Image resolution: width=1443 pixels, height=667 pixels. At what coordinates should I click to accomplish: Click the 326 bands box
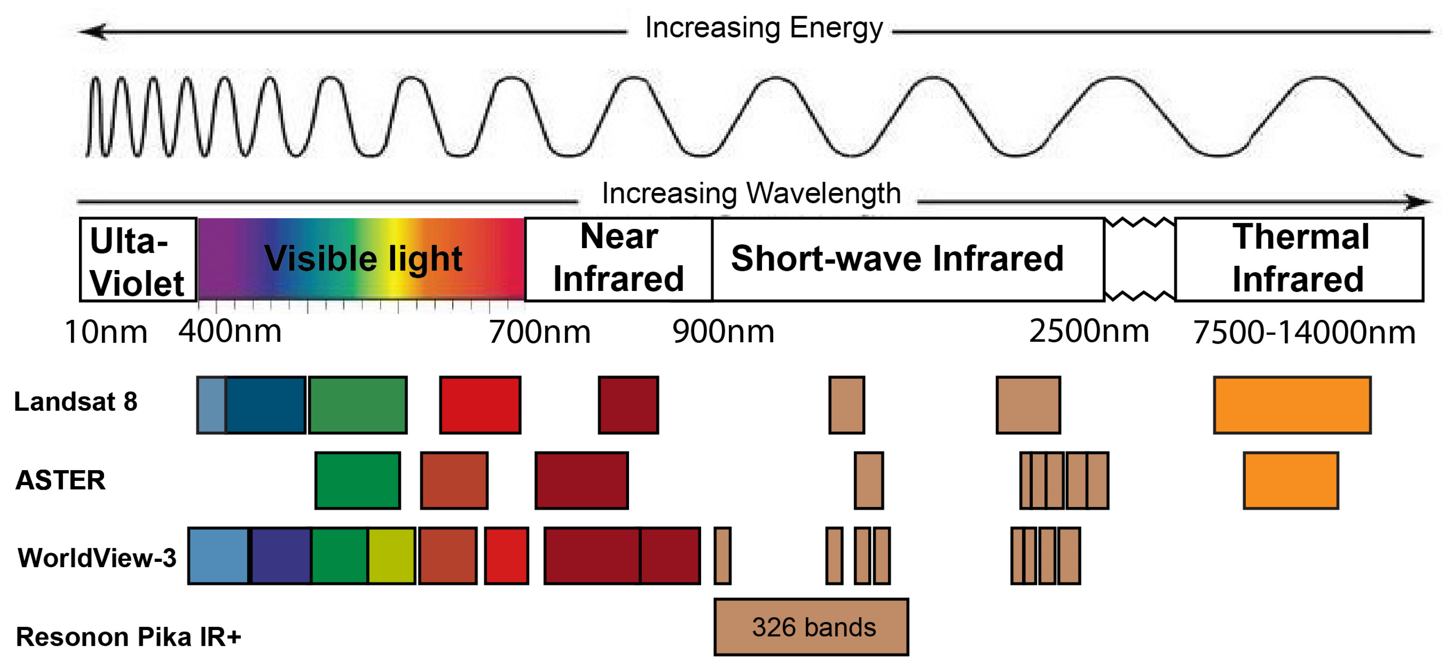click(811, 627)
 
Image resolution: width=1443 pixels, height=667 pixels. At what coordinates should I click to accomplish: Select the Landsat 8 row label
click(76, 402)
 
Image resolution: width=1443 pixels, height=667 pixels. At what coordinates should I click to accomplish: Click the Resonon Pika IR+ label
click(128, 637)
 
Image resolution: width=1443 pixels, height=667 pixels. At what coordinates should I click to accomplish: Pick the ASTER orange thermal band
click(1290, 481)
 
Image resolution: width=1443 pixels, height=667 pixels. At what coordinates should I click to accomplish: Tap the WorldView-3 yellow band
click(391, 556)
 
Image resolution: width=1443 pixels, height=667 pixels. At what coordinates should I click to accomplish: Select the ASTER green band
click(357, 481)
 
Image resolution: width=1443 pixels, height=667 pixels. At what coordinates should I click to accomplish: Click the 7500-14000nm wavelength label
click(1304, 333)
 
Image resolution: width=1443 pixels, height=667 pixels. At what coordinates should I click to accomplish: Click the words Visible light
click(363, 259)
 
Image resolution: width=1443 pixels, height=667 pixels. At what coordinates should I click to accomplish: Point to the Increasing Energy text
click(763, 28)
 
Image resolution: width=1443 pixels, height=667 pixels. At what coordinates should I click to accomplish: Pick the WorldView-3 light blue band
click(218, 556)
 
